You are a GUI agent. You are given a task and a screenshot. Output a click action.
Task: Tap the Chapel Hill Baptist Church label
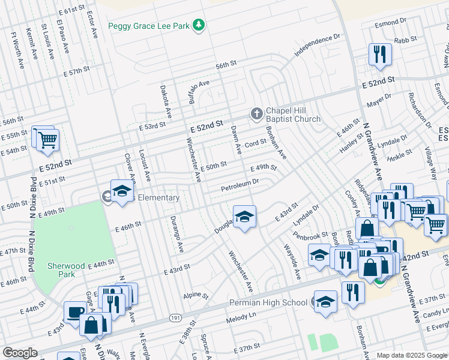point(293,115)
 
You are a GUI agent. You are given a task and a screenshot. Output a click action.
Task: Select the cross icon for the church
point(256,114)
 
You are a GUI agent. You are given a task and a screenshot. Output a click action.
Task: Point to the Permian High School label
point(268,302)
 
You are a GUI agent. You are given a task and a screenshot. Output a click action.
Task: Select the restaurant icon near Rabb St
point(380,55)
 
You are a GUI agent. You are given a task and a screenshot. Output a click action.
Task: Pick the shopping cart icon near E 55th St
point(47,140)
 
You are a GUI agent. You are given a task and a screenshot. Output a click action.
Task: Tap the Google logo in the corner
point(20,353)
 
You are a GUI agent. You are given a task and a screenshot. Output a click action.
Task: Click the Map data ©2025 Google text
point(411,355)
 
